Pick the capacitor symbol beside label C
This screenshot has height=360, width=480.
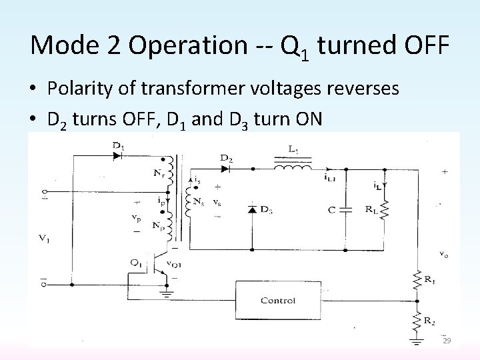click(345, 211)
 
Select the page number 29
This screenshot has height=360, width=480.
click(447, 341)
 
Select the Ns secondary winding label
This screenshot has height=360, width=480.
click(197, 200)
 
